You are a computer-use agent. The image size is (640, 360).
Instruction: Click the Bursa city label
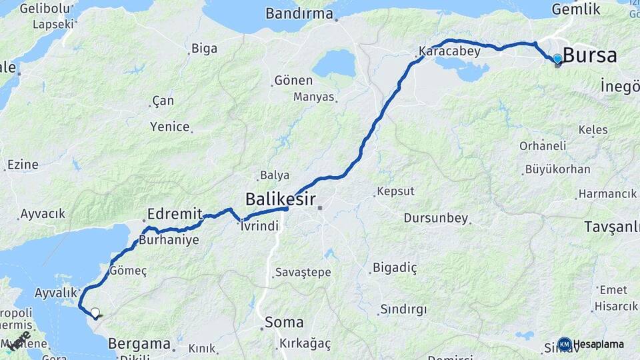(x=590, y=55)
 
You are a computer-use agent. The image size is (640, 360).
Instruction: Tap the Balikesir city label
(x=281, y=199)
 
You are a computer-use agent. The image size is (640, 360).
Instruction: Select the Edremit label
(x=175, y=214)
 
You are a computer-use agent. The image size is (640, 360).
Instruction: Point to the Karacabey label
(x=449, y=51)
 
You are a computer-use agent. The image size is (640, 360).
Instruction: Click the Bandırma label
(x=299, y=13)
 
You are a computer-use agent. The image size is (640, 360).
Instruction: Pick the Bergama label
(x=139, y=344)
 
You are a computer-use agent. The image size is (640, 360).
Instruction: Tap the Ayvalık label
(x=57, y=293)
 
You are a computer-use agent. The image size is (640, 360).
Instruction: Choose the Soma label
(x=284, y=323)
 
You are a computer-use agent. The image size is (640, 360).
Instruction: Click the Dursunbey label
(x=437, y=218)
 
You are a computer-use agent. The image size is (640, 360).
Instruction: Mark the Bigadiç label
(x=395, y=268)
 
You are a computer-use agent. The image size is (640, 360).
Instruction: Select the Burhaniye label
(x=169, y=240)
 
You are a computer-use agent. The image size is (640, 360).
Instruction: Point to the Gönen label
(x=293, y=81)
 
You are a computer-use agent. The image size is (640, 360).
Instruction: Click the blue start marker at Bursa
(x=557, y=59)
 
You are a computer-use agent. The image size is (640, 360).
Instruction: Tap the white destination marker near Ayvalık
(x=95, y=312)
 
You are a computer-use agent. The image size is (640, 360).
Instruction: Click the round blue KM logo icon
(x=565, y=344)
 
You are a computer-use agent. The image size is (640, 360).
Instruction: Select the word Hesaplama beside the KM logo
(x=599, y=345)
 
